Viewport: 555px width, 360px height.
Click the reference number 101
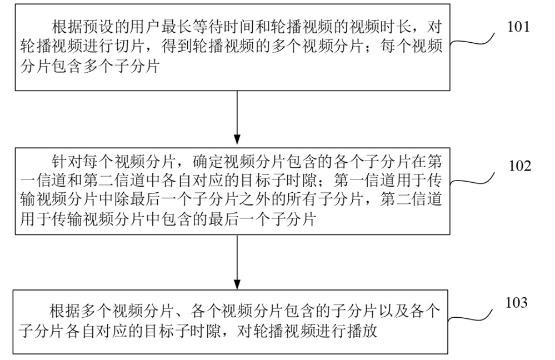point(518,27)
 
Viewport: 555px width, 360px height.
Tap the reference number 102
point(520,166)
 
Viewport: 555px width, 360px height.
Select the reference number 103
point(517,303)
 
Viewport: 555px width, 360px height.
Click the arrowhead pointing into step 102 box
point(237,139)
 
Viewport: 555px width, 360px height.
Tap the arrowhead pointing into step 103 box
point(237,284)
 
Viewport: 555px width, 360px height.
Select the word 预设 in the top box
point(98,27)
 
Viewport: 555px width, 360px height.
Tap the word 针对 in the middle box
point(67,162)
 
